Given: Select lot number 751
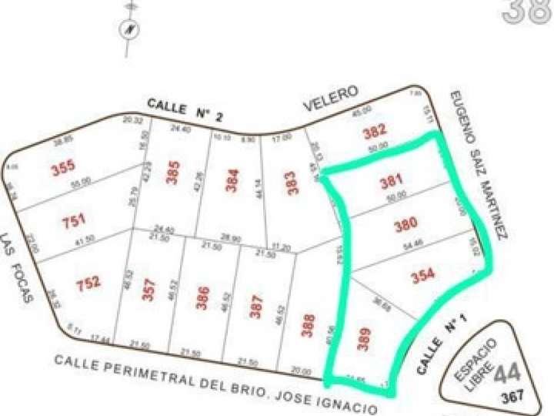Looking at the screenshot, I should click(x=74, y=222).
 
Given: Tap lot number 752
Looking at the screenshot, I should click(x=88, y=284).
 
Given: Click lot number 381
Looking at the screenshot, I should click(x=392, y=183).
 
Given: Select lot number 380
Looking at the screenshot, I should click(x=405, y=225).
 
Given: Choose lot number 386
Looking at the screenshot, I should click(x=202, y=298).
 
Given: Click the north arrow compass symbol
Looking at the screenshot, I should click(x=128, y=29).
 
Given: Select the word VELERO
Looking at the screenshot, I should click(x=331, y=97).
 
